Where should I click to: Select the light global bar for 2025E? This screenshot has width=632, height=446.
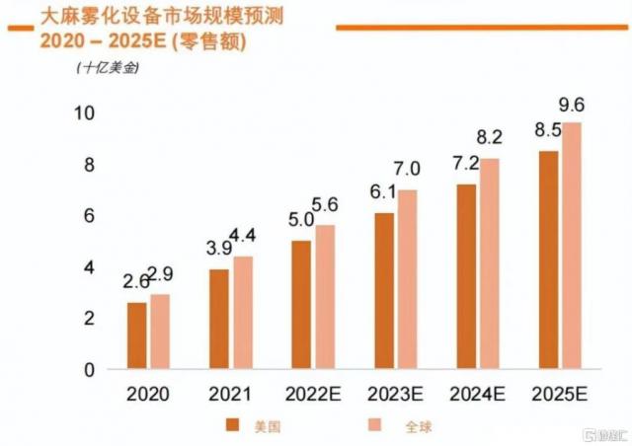click(572, 246)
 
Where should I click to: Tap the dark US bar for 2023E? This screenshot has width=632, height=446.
click(384, 291)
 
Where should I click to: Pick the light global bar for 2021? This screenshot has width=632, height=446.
click(243, 313)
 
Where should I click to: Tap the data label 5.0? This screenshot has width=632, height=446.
click(300, 221)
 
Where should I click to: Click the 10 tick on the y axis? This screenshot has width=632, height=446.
click(85, 113)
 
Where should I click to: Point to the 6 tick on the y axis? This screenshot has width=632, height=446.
click(90, 216)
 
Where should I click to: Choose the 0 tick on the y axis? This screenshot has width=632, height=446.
click(90, 370)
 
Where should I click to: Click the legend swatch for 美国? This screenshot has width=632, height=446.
click(232, 426)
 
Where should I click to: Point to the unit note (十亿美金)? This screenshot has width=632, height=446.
click(106, 68)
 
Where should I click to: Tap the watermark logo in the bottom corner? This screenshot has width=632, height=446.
click(603, 433)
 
